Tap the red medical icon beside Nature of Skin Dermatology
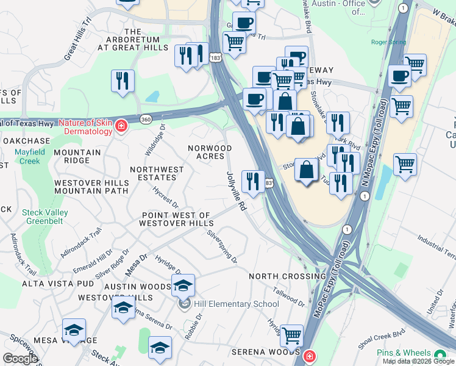[x=121, y=126]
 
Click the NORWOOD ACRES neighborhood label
[x=210, y=152]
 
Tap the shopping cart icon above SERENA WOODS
[x=291, y=335]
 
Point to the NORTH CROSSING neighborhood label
[x=280, y=276]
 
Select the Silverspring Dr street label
[x=222, y=246]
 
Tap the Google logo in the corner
[x=20, y=359]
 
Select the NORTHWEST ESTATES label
[x=157, y=174]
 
